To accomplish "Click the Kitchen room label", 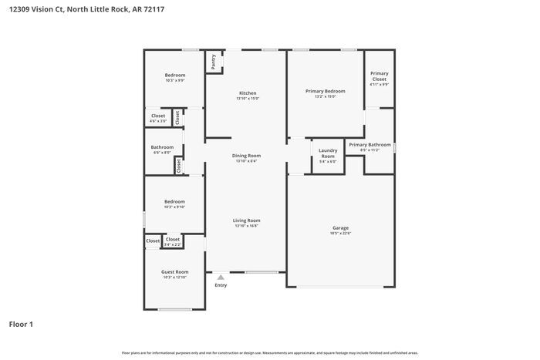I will click(x=247, y=93).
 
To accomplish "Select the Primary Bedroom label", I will click(x=325, y=91).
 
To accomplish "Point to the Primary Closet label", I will click(x=379, y=77).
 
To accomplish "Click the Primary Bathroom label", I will click(x=370, y=144).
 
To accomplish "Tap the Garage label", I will click(x=340, y=227).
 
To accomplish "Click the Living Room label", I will click(x=247, y=220).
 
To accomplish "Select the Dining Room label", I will click(x=247, y=156).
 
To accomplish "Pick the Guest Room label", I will click(x=174, y=271).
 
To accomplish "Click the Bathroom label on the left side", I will click(x=162, y=146).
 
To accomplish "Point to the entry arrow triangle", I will click(x=221, y=278).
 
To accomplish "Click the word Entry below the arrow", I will click(x=221, y=285).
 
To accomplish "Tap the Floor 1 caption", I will click(x=21, y=324).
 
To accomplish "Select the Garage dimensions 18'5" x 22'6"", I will click(x=340, y=233).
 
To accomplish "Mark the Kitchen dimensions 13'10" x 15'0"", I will click(x=247, y=99).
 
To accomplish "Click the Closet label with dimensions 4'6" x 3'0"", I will click(x=157, y=116).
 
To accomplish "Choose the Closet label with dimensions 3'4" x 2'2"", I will click(x=172, y=239).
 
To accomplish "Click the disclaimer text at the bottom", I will click(x=269, y=352).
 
